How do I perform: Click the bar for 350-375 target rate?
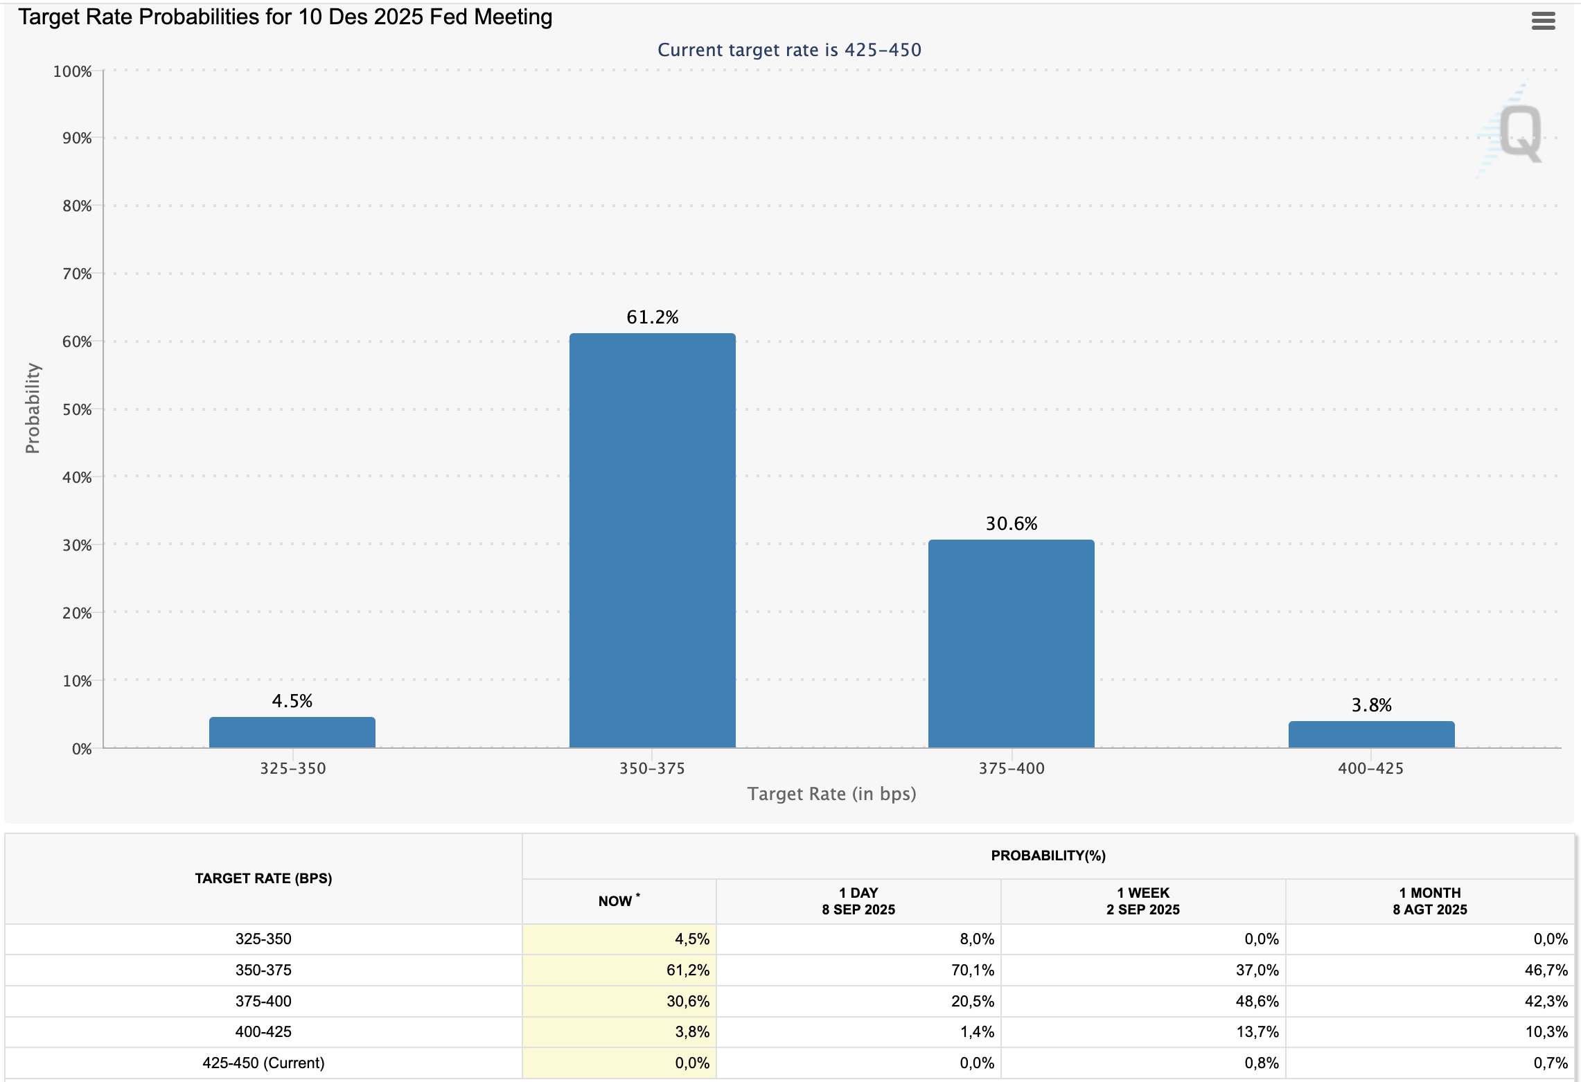pos(652,540)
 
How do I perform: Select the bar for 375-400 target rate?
pos(1011,644)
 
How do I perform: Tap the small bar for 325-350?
pos(292,732)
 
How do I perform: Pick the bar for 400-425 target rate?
pos(1371,734)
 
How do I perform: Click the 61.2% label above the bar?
pos(652,317)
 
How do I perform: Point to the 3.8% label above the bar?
pos(1371,705)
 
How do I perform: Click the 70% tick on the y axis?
pos(77,274)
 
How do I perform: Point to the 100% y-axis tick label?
pos(73,71)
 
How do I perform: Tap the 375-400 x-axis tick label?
pos(1011,768)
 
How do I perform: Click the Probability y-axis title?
pos(33,408)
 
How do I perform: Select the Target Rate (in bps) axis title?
pos(831,794)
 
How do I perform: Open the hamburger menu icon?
pos(1543,21)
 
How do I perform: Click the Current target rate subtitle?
pos(789,50)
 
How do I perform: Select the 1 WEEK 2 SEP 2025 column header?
pos(1142,901)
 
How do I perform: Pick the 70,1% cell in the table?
pos(972,970)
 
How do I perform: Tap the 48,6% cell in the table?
pos(1257,1001)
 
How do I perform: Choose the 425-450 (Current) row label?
pos(263,1063)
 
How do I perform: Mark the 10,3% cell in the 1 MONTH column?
pos(1546,1031)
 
